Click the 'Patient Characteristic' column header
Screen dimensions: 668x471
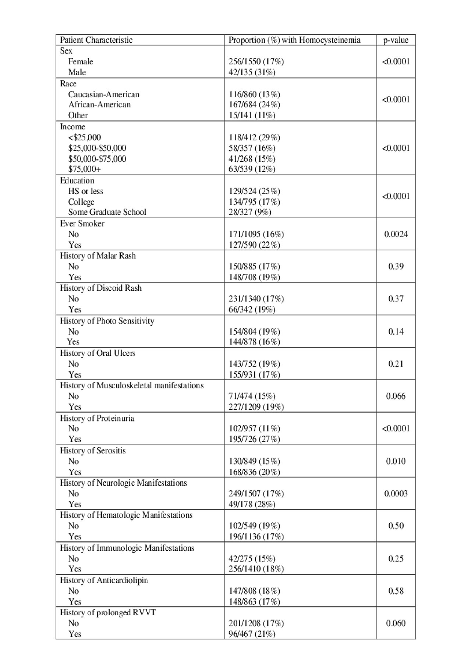tap(96, 40)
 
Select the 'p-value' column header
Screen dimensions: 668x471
tap(396, 40)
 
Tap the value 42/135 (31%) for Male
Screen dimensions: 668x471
tap(252, 72)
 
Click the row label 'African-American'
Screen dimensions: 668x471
tap(99, 105)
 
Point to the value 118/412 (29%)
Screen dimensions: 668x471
tap(254, 137)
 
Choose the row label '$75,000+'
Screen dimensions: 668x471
tap(84, 169)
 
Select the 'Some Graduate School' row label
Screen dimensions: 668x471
tap(107, 212)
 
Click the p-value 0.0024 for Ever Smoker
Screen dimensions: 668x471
tap(396, 234)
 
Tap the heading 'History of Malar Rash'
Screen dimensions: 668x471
tap(98, 256)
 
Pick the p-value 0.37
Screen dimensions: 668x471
tap(396, 299)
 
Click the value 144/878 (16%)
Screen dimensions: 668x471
tap(254, 342)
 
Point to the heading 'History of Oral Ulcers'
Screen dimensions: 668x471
tap(98, 353)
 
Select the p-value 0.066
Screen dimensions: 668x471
tap(396, 396)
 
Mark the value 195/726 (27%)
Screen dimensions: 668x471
tap(254, 439)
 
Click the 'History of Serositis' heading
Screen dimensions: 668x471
tap(93, 451)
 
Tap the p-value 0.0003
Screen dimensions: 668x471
tap(396, 494)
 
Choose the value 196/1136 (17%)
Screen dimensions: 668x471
tap(256, 536)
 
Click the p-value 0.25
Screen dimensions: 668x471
tap(396, 559)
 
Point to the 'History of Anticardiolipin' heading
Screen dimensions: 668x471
tap(104, 580)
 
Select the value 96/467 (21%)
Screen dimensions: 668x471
tap(252, 634)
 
